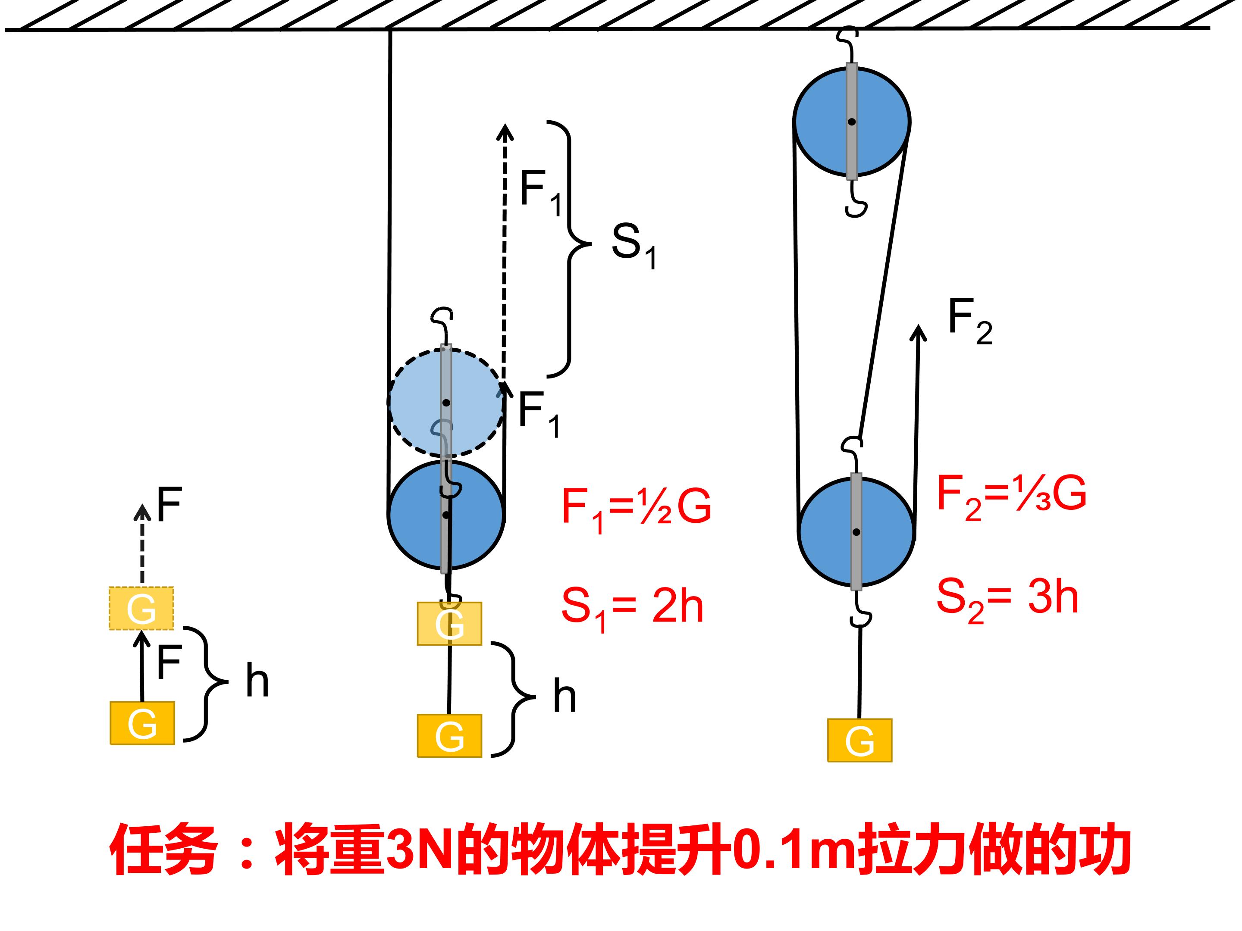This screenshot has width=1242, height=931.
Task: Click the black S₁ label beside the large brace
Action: (x=634, y=245)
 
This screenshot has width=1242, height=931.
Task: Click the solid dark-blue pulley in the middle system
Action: (x=446, y=515)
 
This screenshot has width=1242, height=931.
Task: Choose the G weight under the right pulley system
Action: (x=859, y=740)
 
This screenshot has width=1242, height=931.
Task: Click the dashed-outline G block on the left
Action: (x=141, y=608)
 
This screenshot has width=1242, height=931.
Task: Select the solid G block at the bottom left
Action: (x=142, y=723)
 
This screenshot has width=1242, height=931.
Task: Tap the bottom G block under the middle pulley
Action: (x=449, y=736)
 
